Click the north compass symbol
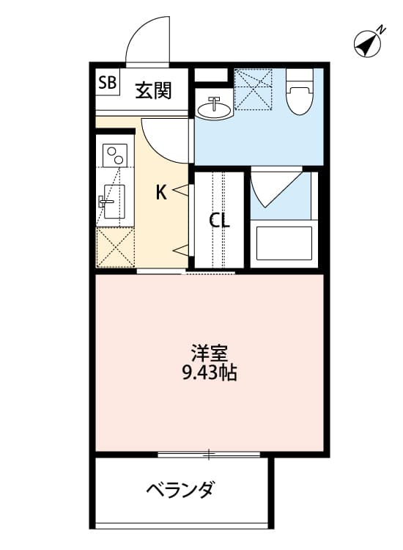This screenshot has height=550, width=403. (370, 44)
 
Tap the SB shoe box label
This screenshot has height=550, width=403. (107, 83)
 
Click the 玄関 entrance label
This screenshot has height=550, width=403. (153, 90)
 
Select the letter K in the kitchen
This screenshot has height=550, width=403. (160, 193)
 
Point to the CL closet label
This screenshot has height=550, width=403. (219, 221)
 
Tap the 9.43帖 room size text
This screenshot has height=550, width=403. (209, 373)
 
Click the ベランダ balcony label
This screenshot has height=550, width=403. (180, 489)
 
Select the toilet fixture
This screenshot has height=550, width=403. (299, 92)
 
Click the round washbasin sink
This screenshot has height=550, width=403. (214, 108)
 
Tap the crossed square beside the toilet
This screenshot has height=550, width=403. (253, 88)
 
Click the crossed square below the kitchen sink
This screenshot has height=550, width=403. (114, 248)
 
